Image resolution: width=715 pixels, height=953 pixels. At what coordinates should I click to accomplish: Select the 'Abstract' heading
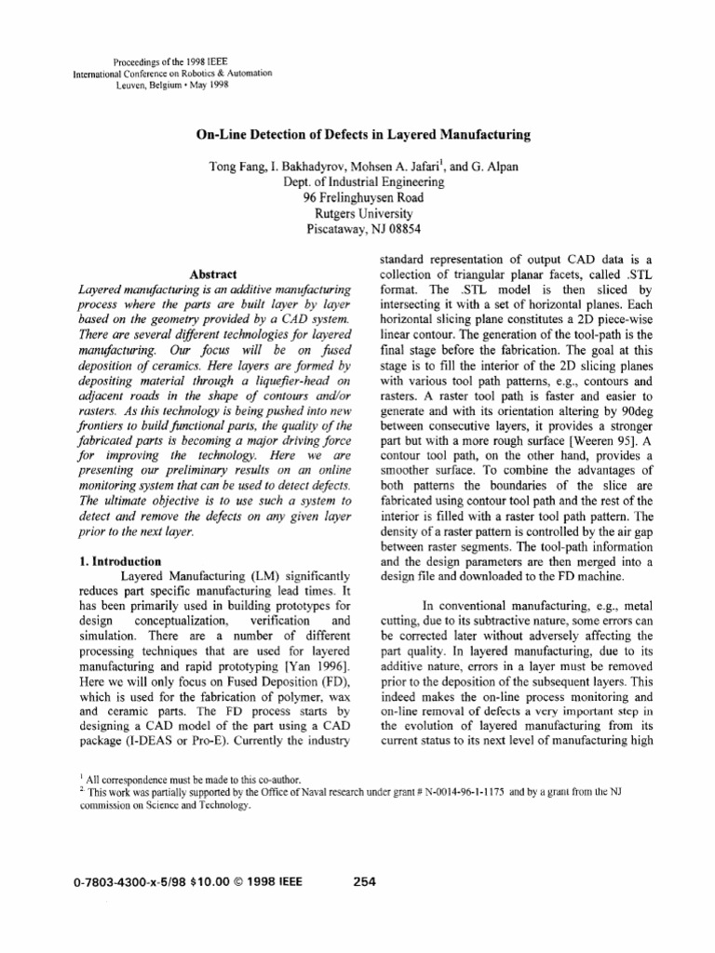(215, 275)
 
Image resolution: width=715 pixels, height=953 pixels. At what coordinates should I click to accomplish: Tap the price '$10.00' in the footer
(213, 883)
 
